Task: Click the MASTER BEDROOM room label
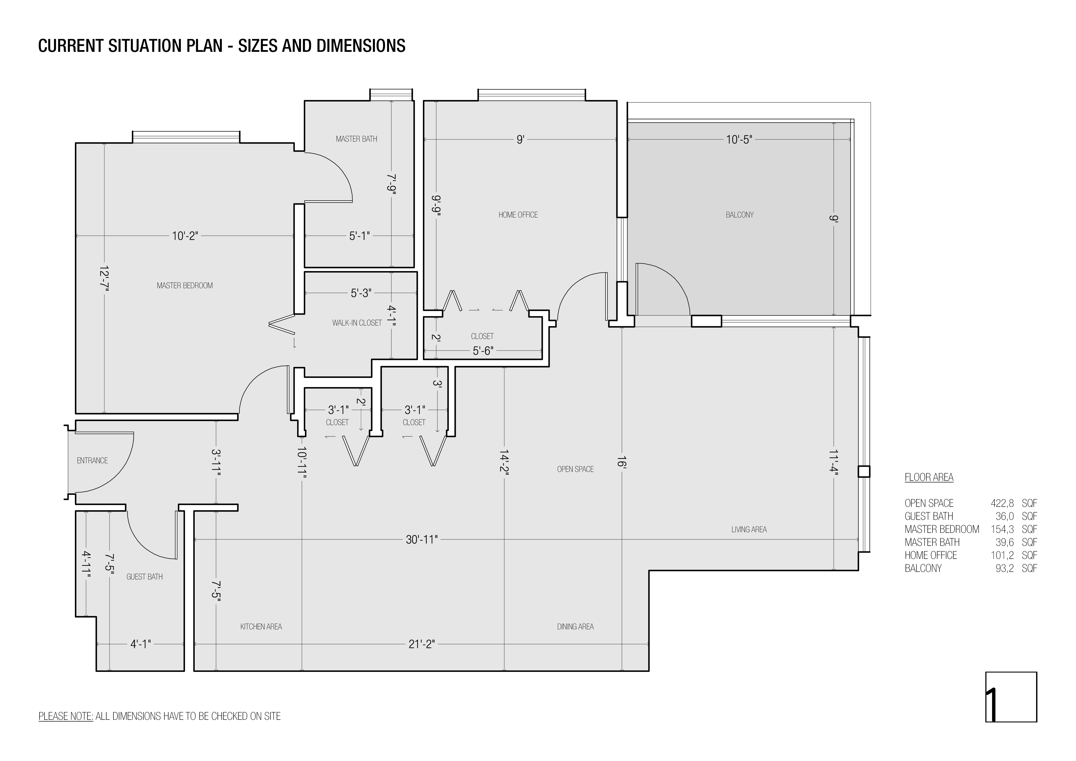pos(185,285)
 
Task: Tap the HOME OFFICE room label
pos(518,215)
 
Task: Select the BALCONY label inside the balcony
pos(739,215)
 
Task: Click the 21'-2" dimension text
pos(422,644)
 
